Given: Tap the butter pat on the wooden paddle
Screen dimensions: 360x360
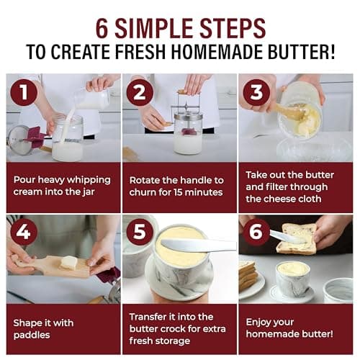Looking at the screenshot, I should pyautogui.click(x=68, y=263).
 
